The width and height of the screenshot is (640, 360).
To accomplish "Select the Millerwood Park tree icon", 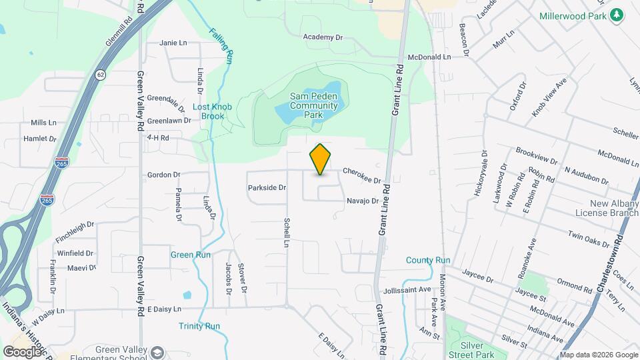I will coord(617,15).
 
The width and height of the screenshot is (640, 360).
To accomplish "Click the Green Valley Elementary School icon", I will coord(158,352).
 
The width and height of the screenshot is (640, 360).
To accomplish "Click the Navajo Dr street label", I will coord(362,201).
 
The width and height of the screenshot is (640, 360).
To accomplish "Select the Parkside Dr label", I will coord(267,188).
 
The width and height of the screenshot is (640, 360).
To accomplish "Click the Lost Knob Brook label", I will coord(209,111).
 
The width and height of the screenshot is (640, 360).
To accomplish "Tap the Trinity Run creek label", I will coord(199,326).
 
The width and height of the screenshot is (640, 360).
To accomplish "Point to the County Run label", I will coord(428,260).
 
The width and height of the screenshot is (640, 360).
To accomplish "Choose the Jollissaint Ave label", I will coord(408,290).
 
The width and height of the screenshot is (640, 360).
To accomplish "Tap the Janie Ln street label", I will coord(173,43).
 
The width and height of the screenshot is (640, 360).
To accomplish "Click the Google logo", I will coord(22,351).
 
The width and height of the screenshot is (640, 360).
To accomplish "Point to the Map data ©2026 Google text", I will coord(599,355).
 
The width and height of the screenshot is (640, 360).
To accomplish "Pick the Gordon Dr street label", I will coord(163,175).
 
